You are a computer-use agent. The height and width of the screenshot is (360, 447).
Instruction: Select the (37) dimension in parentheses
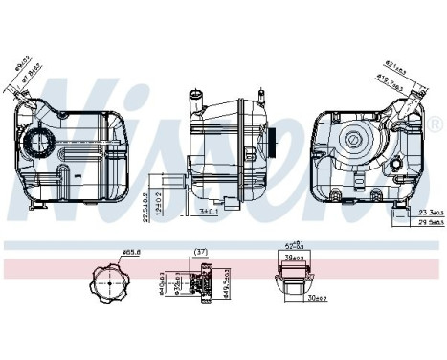coord(201,253)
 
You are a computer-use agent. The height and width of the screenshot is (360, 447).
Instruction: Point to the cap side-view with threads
coord(201,284)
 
